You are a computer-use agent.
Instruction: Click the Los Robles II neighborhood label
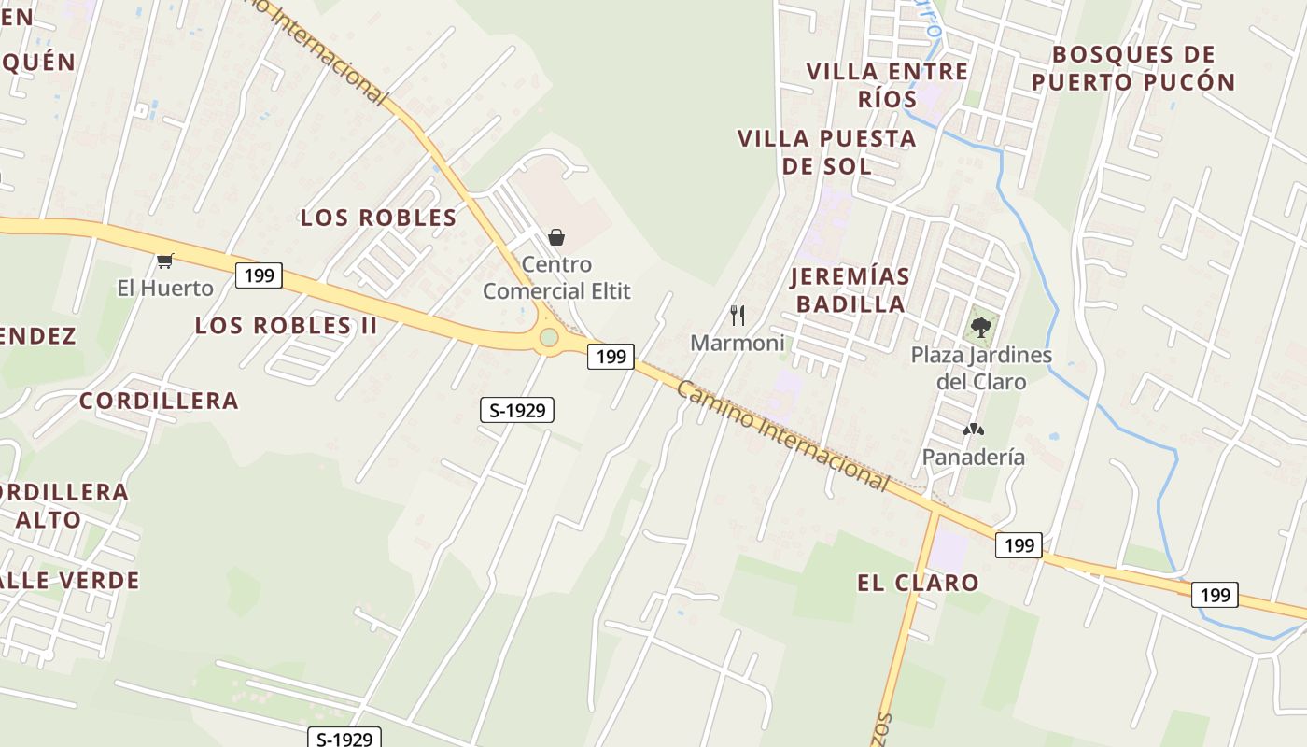point(287,326)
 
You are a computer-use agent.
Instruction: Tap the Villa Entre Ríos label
point(887,84)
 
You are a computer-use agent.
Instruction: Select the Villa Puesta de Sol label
point(826,152)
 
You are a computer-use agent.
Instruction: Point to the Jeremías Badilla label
point(850,289)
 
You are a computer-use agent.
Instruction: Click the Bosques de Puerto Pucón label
point(1133,68)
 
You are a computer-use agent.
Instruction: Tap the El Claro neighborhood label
point(918,583)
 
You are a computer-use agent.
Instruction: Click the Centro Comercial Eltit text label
point(556,277)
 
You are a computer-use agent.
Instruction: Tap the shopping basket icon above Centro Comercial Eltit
point(556,237)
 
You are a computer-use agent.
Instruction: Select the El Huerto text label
point(165,288)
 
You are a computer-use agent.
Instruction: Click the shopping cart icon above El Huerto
point(165,261)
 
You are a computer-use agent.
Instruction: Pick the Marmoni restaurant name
point(738,343)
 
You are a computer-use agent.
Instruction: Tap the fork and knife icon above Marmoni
point(738,315)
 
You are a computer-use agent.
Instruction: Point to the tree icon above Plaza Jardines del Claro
point(980,327)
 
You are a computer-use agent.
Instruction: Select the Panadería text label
point(974,457)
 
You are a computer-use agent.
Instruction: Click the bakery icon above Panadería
point(974,430)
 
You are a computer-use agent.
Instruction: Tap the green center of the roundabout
point(549,337)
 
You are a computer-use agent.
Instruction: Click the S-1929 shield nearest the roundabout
point(516,409)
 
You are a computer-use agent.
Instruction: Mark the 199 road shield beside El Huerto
point(259,275)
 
